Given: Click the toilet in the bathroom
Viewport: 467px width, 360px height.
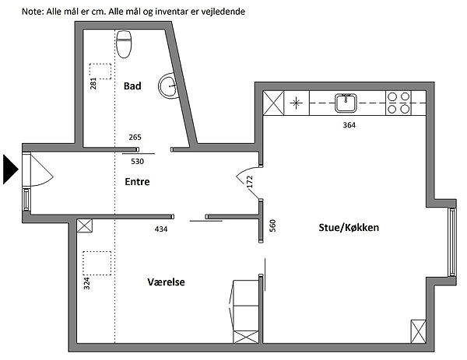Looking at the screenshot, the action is tap(124, 44).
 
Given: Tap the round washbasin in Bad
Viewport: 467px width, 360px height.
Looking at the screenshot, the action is tap(169, 86).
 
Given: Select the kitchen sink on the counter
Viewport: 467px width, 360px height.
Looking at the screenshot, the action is tap(346, 103).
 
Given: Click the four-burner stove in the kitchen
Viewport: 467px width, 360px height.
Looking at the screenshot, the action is tap(399, 103).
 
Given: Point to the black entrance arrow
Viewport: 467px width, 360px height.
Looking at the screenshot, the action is tap(10, 170).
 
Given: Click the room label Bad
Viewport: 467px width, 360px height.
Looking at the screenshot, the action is tap(132, 86).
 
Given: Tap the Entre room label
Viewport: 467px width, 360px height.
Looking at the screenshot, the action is tap(137, 181).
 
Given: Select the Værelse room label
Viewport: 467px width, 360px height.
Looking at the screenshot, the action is tap(167, 281).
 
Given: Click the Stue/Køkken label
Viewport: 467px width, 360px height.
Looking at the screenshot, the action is tap(349, 228).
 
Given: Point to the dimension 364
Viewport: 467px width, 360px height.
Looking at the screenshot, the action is tap(349, 125).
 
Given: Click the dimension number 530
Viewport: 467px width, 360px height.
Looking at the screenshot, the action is tap(137, 162).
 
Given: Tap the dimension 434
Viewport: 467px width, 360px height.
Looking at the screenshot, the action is tap(161, 229).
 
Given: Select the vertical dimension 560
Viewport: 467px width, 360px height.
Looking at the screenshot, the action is tap(272, 225).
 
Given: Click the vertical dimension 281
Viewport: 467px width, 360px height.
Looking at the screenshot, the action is tap(93, 84).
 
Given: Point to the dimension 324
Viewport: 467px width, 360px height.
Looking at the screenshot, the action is tap(86, 284).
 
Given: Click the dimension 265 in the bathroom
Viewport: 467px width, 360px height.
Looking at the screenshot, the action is tap(135, 138).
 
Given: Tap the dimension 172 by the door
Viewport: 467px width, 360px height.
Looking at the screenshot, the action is tap(250, 182).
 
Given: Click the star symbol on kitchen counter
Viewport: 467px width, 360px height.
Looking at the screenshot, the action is tap(296, 103).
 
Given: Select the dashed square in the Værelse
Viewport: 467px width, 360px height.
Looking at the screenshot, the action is tap(97, 263).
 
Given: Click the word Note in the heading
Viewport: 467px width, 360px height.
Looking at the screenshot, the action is tap(33, 12).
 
